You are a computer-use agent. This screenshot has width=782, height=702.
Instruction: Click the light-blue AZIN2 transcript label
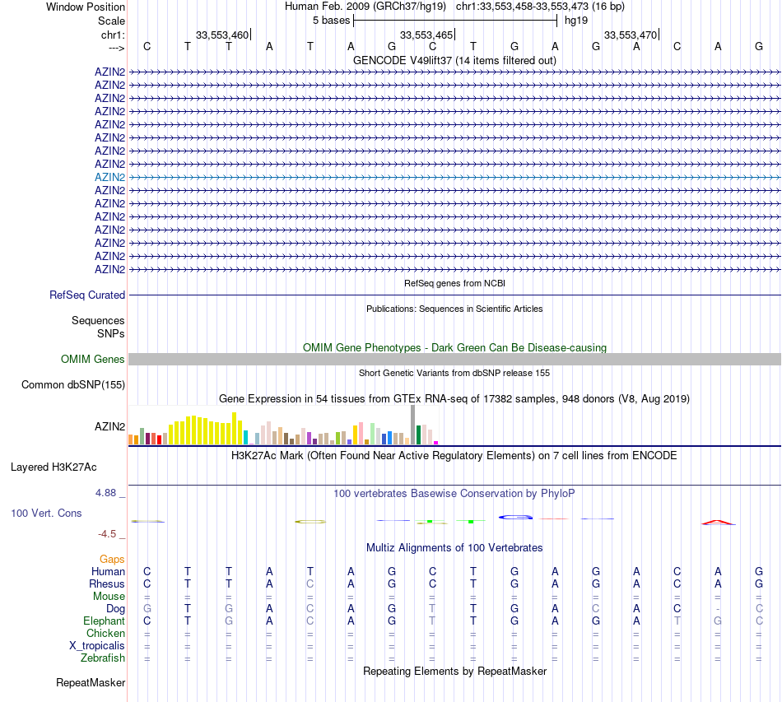109,177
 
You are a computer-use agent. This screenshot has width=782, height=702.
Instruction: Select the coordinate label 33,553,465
426,35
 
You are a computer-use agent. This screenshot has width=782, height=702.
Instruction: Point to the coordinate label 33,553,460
221,35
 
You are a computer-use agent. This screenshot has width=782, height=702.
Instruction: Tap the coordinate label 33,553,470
630,35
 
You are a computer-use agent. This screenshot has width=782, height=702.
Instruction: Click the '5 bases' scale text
331,20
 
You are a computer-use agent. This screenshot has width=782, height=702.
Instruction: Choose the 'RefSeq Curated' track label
87,295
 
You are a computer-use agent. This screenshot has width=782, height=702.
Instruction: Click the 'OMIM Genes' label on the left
93,359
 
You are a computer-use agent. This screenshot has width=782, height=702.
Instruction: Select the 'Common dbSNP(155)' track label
73,384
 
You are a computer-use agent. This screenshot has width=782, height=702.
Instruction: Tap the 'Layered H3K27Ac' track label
54,467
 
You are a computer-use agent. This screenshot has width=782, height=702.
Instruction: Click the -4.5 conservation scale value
109,533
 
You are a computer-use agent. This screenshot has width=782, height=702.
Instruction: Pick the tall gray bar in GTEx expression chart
412,425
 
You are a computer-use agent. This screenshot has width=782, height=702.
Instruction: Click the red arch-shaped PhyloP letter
718,522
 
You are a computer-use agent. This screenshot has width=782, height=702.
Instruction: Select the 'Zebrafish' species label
103,658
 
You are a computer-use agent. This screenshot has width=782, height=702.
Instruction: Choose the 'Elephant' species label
104,621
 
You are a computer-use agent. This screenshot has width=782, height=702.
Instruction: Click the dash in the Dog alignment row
718,609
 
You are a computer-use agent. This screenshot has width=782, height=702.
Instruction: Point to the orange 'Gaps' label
112,560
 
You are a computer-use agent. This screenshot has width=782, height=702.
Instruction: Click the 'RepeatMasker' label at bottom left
91,682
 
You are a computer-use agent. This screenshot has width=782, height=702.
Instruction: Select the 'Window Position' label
86,7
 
